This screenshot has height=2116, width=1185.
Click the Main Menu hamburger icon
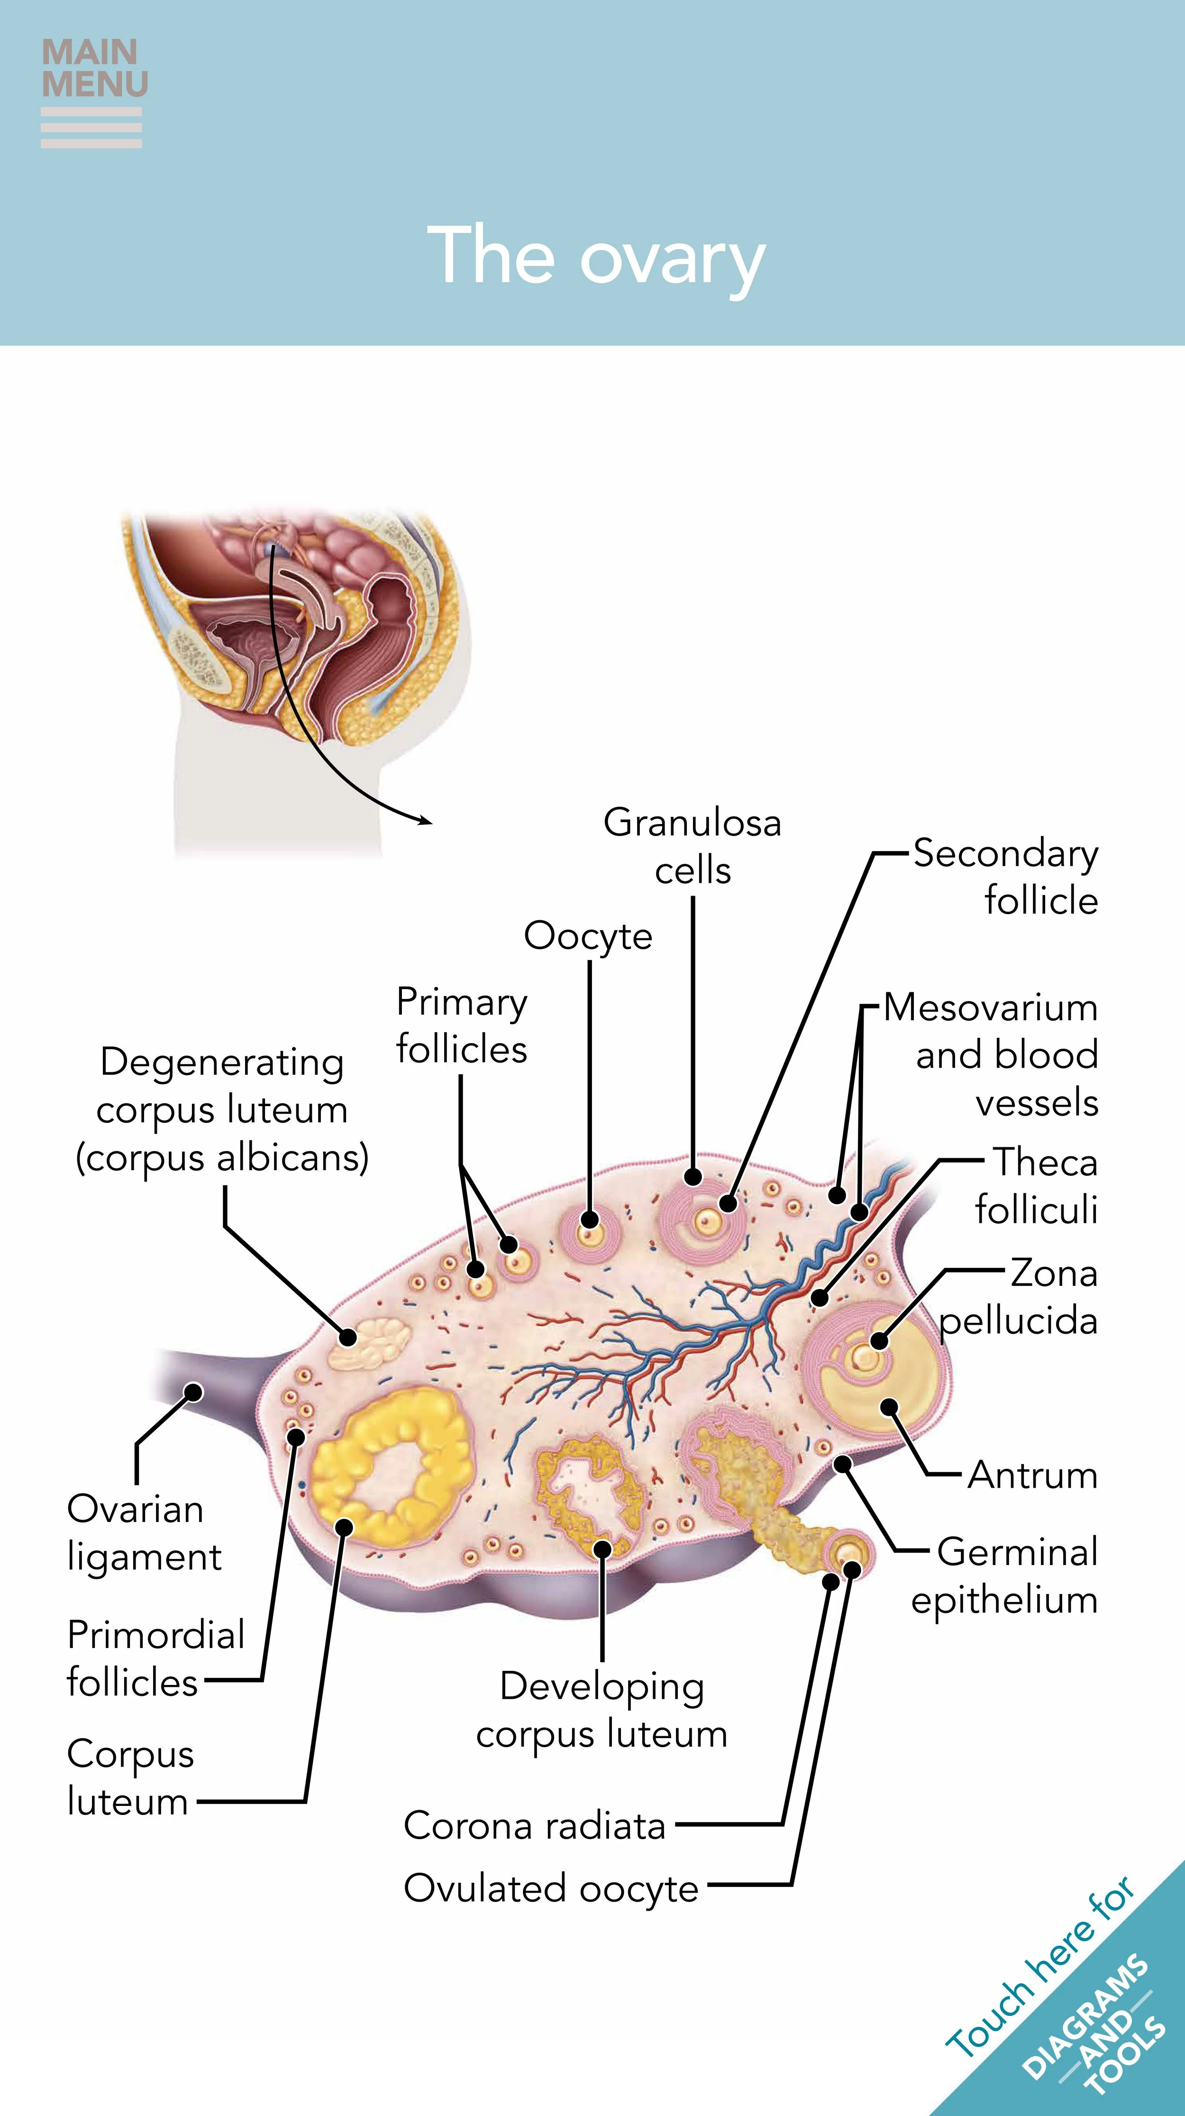(91, 128)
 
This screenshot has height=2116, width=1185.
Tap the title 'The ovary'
(596, 257)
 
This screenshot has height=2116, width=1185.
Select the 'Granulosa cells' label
(692, 846)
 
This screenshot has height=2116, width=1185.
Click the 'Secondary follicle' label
(1006, 877)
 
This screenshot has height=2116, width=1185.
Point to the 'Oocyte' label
(588, 935)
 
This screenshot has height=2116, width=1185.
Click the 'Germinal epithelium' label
(1005, 1576)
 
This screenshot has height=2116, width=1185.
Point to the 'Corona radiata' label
(535, 1826)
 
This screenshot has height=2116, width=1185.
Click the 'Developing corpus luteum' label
(602, 1710)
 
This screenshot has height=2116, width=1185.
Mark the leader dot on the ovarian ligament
(193, 1392)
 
